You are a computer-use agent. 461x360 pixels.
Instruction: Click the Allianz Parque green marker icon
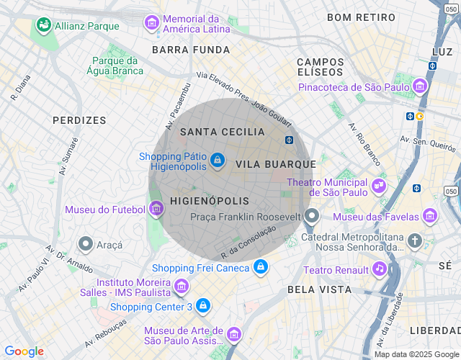[44, 25]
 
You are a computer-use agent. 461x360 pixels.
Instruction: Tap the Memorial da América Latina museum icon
[152, 23]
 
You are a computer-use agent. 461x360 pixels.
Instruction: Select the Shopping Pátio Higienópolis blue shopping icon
[218, 161]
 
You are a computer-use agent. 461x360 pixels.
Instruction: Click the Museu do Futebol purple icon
[156, 210]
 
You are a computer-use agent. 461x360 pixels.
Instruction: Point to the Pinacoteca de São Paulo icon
[420, 86]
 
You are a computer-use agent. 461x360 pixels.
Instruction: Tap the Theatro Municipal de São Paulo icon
[378, 186]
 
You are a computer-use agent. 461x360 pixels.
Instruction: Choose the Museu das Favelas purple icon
[430, 216]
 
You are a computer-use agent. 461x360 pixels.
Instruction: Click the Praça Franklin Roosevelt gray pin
[312, 215]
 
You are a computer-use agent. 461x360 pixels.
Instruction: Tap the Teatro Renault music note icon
[380, 269]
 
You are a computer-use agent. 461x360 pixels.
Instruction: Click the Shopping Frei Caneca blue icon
[261, 268]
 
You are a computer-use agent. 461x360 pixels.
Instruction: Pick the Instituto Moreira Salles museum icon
[181, 287]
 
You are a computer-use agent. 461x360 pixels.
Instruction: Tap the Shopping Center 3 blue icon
[203, 306]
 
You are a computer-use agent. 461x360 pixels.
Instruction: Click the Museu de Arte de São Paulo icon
[233, 334]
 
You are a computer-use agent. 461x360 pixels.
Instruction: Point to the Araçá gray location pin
[86, 244]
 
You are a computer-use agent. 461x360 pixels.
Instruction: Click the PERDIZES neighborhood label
[79, 120]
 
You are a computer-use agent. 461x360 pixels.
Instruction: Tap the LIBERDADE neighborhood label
[435, 330]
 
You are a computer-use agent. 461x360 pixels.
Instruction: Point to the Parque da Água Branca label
[117, 66]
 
